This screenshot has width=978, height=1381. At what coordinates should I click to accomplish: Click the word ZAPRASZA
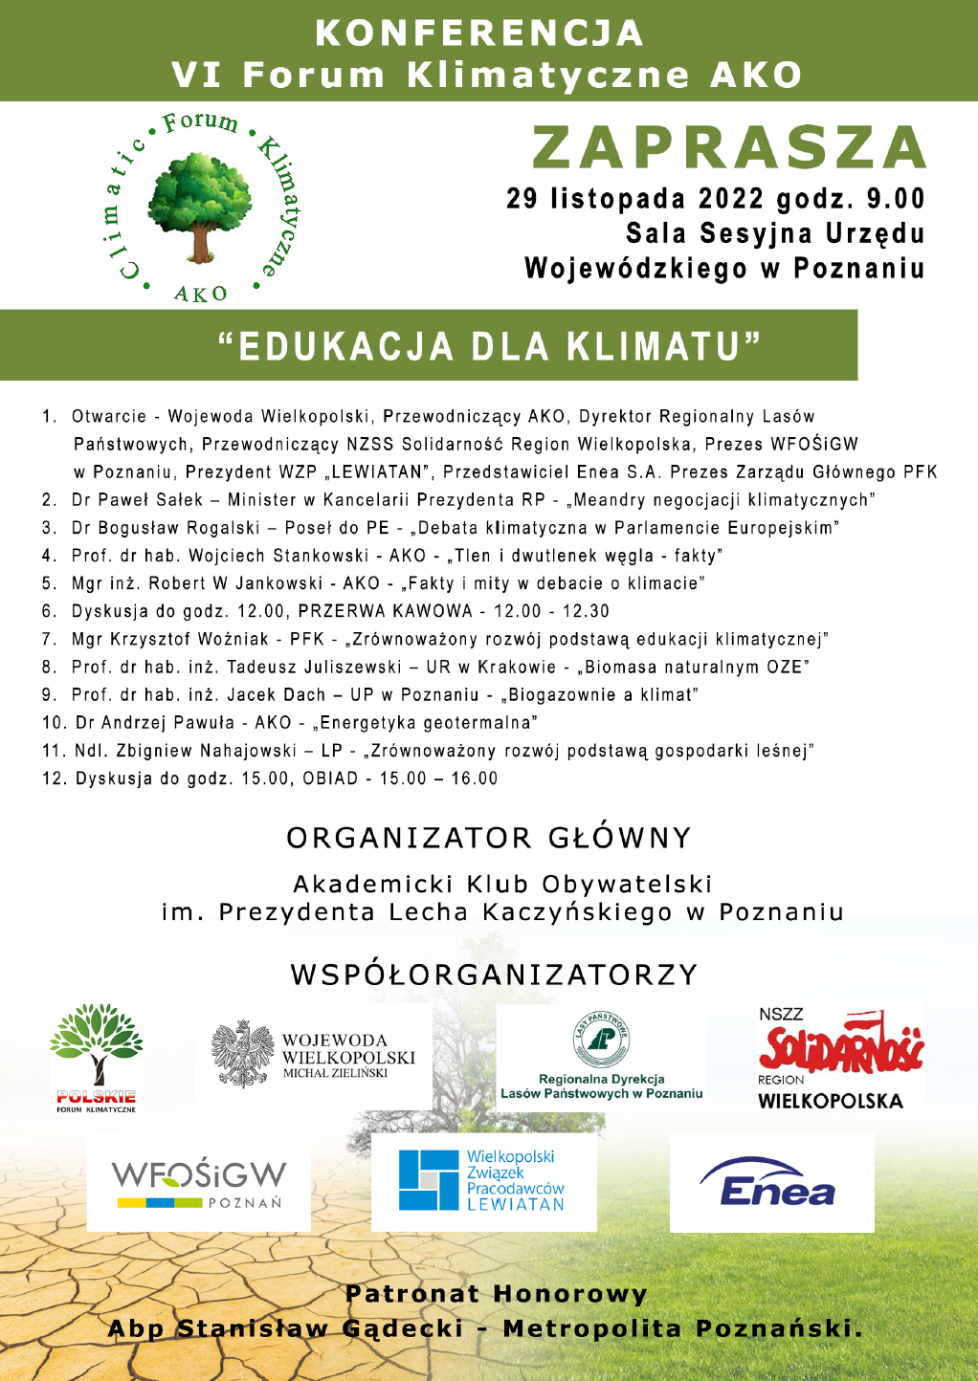coord(729,148)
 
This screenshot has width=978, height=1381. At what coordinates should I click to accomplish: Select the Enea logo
coord(771,1184)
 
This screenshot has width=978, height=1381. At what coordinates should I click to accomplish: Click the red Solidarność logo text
coord(841,1045)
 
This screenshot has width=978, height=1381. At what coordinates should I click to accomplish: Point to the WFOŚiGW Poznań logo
coord(199,1184)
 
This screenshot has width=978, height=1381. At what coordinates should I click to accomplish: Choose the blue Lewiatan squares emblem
coord(430,1180)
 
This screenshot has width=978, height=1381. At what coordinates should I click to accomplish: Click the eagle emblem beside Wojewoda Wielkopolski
coord(242,1054)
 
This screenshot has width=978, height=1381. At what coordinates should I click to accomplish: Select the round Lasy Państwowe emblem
coord(601,1039)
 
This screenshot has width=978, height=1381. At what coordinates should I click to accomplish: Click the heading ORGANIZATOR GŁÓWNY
coord(489,838)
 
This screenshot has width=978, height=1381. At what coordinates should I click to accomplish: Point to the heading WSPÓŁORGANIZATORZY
coord(495,975)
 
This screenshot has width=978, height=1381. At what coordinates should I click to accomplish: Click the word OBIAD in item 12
coord(330,778)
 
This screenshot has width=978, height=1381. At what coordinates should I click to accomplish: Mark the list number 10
coord(54,723)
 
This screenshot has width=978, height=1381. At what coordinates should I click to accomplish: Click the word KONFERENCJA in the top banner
coord(479,33)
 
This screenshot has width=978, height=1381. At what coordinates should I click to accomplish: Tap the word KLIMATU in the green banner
coord(654,346)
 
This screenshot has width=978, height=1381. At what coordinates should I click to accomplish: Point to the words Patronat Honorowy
coord(497,1294)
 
